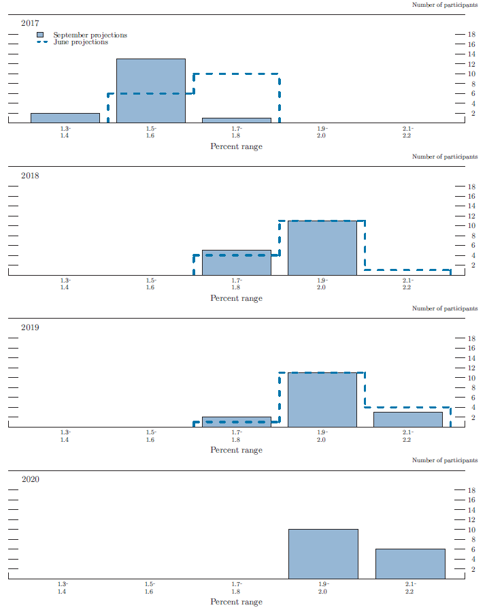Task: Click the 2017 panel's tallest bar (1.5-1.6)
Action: tap(150, 91)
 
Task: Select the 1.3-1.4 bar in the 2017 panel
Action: tap(65, 118)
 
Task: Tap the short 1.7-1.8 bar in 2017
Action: tap(236, 120)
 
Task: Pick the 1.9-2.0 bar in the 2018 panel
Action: tap(322, 248)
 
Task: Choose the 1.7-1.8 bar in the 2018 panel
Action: tap(236, 263)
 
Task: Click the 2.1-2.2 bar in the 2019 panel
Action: tap(407, 419)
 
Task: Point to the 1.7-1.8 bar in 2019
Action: tap(236, 422)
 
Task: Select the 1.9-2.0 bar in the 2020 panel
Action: tap(323, 553)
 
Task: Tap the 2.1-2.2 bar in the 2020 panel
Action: tap(410, 564)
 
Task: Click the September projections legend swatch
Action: tap(41, 35)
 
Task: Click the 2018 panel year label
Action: tap(30, 175)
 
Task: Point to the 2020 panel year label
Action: tap(30, 479)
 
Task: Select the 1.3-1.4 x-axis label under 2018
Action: tap(65, 283)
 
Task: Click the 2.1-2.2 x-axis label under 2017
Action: tap(407, 131)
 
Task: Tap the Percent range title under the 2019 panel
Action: tap(236, 450)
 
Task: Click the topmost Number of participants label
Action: tap(445, 5)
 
